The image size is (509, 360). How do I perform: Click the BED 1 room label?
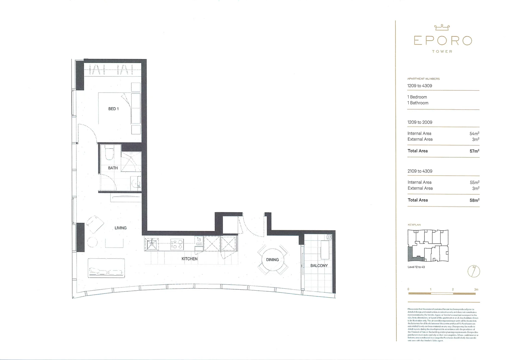point(113,109)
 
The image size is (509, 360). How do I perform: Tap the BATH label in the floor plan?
point(113,168)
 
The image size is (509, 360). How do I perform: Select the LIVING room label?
point(120,228)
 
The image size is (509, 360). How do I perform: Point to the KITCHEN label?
point(189,259)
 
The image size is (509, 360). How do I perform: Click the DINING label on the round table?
point(272,260)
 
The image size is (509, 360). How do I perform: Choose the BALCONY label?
point(319,266)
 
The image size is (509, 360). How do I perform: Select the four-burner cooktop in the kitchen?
point(177,244)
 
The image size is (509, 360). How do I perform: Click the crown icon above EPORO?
point(442,28)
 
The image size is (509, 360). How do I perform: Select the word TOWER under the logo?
point(442,52)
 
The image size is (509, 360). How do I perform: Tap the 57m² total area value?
point(474,151)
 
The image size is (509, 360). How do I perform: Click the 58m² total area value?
point(474,200)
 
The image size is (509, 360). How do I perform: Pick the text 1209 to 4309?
point(419,86)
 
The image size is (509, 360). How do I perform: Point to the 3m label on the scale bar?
point(476,289)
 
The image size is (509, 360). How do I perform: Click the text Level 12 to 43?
point(416,267)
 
